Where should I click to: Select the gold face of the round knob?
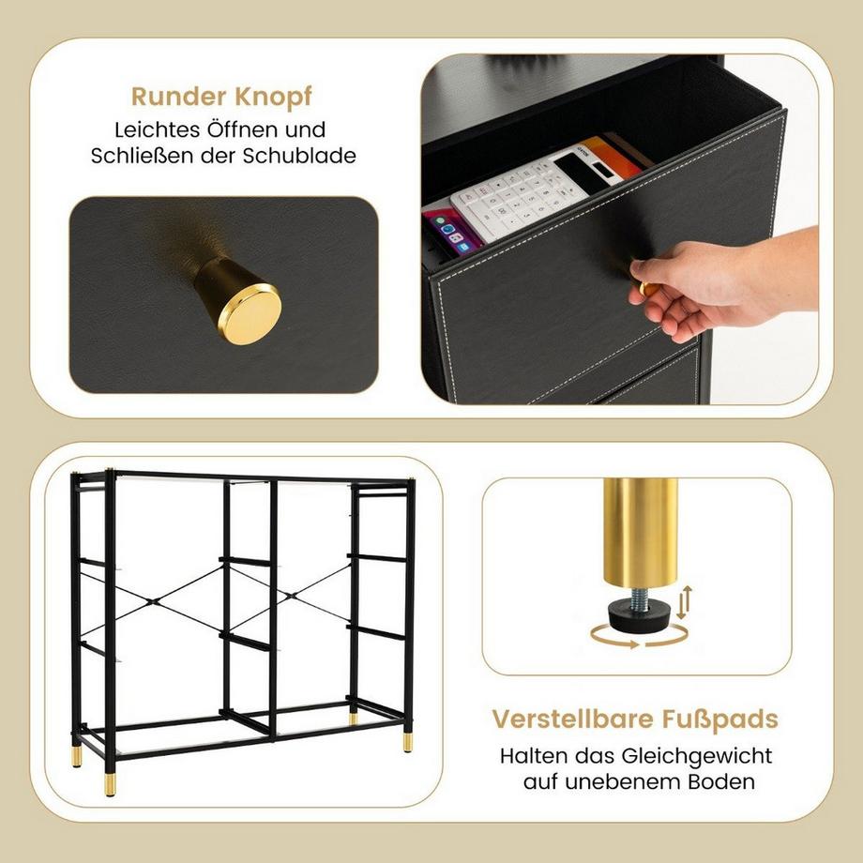(x=250, y=314)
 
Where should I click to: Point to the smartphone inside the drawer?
(x=454, y=230)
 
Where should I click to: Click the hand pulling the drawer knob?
(x=713, y=281)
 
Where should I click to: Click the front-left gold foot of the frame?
(x=110, y=783)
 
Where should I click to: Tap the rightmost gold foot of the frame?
(x=408, y=742)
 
